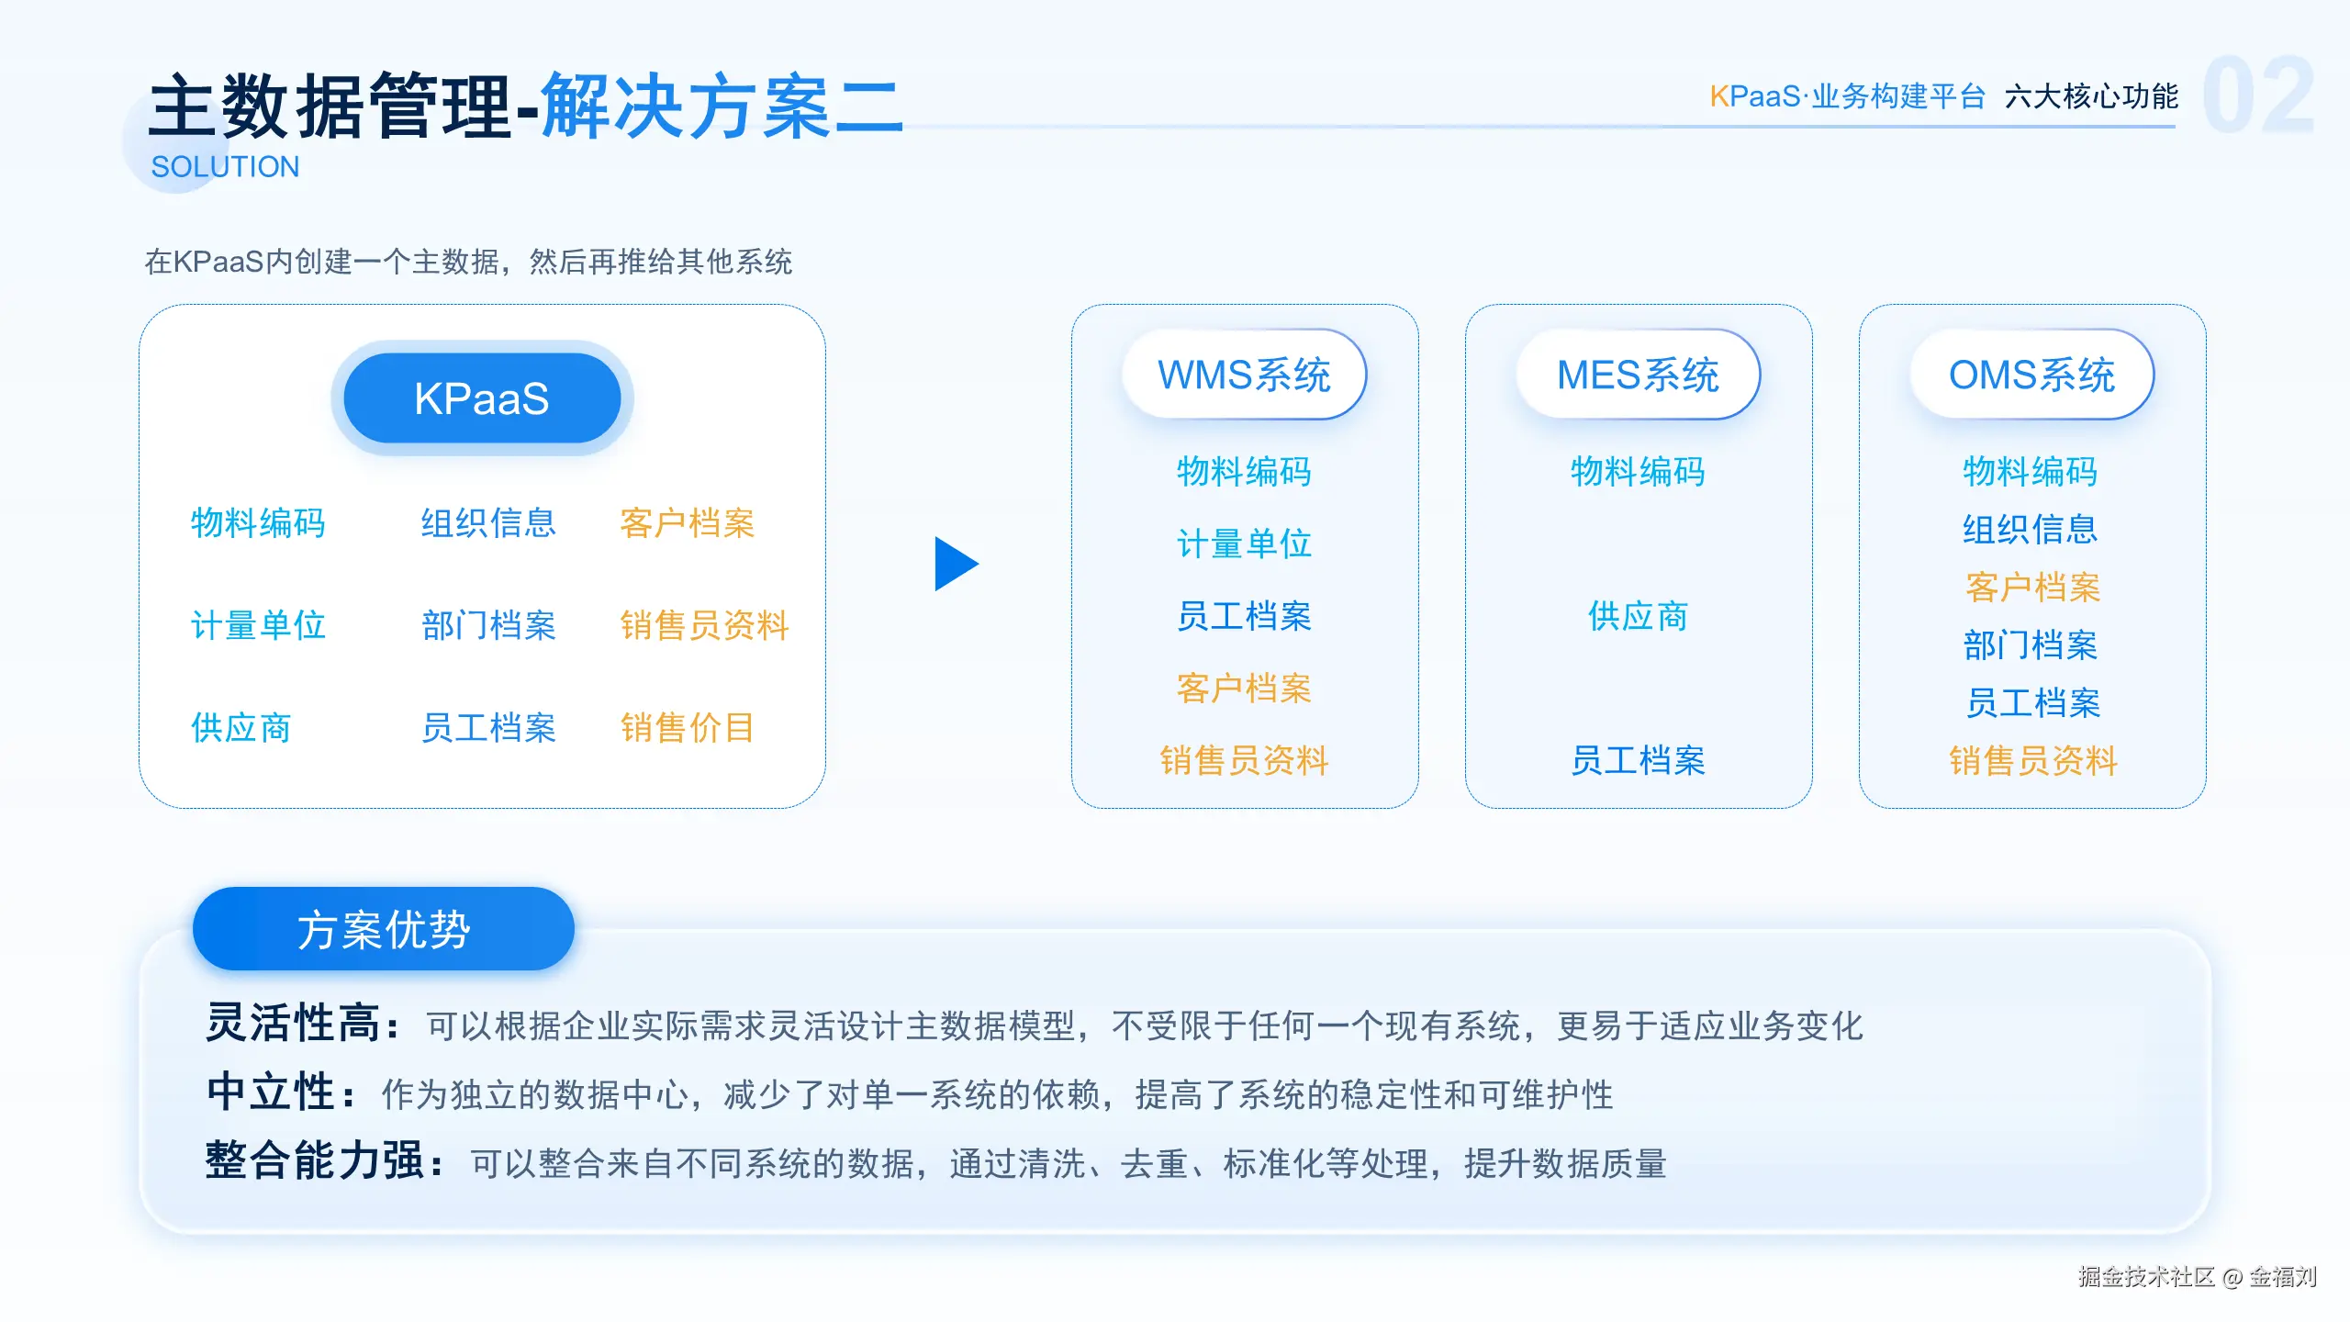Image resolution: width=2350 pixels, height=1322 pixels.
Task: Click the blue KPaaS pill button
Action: (x=482, y=398)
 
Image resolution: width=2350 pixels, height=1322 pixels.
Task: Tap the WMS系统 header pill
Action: (x=1244, y=375)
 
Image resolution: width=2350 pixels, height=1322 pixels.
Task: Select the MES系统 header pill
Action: (x=1638, y=375)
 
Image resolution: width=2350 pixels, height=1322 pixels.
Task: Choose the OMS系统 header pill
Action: (x=2031, y=375)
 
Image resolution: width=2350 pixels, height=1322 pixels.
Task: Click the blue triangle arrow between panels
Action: (x=956, y=564)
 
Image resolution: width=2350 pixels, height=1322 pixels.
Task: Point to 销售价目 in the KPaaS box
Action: (x=687, y=728)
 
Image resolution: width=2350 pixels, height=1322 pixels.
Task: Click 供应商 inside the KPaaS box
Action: (x=241, y=728)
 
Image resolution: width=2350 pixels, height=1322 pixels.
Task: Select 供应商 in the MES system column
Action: (x=1638, y=616)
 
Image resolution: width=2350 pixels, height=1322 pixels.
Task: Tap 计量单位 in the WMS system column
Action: (x=1244, y=543)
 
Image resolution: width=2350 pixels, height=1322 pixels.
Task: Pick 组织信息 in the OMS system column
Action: (x=2031, y=529)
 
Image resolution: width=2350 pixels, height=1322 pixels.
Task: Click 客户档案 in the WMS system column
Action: (x=1244, y=689)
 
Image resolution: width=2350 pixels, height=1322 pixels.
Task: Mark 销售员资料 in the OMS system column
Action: (x=2032, y=761)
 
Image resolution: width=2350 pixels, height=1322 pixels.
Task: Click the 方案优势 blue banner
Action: (x=383, y=929)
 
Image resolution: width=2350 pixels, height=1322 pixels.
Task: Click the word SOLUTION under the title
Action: (x=225, y=167)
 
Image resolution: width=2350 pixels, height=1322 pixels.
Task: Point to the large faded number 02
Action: (x=2258, y=95)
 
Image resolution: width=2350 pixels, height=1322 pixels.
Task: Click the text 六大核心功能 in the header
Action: (x=2091, y=96)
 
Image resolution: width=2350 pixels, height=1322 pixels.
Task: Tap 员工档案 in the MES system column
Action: (x=1638, y=761)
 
